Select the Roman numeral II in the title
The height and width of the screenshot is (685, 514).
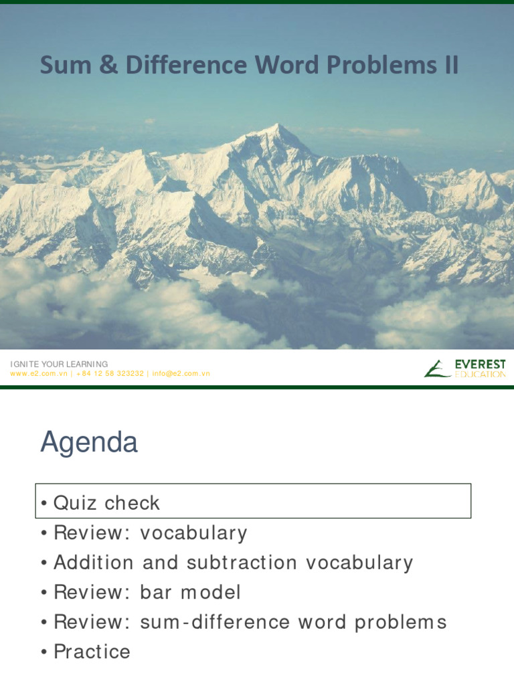[x=448, y=66]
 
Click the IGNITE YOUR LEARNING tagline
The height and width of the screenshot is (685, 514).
[x=59, y=364]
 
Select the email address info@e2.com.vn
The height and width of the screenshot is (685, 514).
[x=181, y=373]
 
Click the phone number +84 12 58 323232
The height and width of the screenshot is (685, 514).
[x=110, y=373]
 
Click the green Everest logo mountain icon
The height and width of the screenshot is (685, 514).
[x=436, y=369]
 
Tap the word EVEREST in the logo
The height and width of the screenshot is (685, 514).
[x=480, y=365]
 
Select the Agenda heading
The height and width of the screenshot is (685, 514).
[x=88, y=443]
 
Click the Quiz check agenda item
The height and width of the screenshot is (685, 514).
[x=106, y=503]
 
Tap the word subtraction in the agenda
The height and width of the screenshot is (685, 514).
[x=242, y=563]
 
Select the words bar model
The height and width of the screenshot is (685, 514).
[x=190, y=592]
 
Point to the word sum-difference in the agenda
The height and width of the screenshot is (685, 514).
[x=204, y=622]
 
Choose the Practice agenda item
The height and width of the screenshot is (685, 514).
[x=92, y=652]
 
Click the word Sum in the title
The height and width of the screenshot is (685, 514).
[x=61, y=66]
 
